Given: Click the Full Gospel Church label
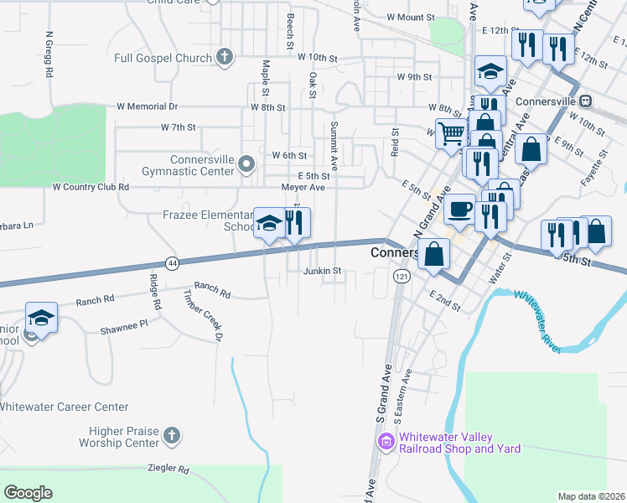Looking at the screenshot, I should (x=163, y=58).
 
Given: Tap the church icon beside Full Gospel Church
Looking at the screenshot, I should (x=224, y=58).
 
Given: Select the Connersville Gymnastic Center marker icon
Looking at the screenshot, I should (x=246, y=163).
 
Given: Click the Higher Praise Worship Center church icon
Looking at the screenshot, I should (x=171, y=436).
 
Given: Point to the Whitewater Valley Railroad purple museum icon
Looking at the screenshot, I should (x=386, y=442).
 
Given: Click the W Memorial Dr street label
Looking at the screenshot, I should (x=148, y=106).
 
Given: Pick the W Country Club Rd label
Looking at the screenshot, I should (x=91, y=187).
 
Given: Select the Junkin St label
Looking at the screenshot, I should (x=323, y=271).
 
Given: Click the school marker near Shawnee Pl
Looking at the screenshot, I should (x=41, y=317).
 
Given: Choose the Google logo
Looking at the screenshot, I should (x=28, y=493).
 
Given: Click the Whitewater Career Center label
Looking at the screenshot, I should (x=64, y=407).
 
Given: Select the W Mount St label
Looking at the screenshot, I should (x=412, y=17).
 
